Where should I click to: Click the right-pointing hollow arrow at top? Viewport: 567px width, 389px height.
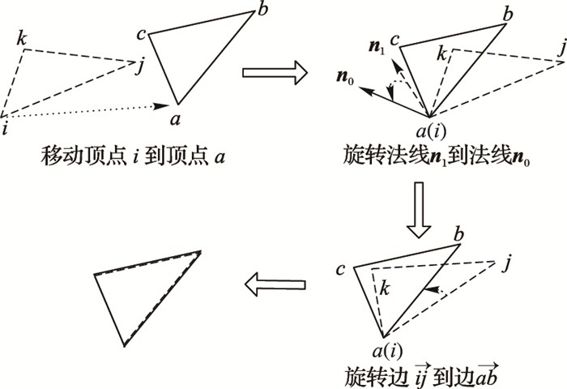275,75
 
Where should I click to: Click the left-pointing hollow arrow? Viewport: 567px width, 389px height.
275,283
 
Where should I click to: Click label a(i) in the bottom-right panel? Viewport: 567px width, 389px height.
386,350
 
